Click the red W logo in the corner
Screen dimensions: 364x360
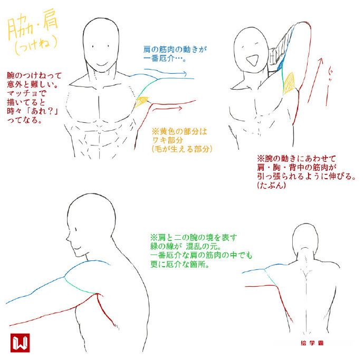(x=20, y=343)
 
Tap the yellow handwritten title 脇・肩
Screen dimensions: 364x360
(x=33, y=26)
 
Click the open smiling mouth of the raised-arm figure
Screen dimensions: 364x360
(x=252, y=60)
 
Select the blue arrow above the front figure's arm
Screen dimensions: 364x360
(x=165, y=73)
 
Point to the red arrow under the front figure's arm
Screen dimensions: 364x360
(x=167, y=109)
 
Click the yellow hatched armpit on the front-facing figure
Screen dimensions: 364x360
(x=141, y=102)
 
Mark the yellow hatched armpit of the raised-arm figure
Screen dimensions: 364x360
(x=289, y=83)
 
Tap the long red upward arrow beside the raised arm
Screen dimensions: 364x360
(x=315, y=80)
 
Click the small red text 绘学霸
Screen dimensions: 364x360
(x=312, y=343)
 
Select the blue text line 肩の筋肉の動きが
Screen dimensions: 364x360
(x=175, y=49)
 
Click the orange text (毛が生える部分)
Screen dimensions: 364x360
(x=182, y=149)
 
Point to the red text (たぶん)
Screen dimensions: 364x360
(x=271, y=185)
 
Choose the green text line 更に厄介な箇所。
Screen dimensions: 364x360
(x=180, y=264)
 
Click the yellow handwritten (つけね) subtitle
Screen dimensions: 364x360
(x=36, y=45)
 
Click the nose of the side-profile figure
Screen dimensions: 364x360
(x=68, y=238)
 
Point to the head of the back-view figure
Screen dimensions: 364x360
(x=304, y=239)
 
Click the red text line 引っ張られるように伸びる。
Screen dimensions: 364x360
(x=306, y=176)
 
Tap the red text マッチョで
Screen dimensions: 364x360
(x=26, y=93)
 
